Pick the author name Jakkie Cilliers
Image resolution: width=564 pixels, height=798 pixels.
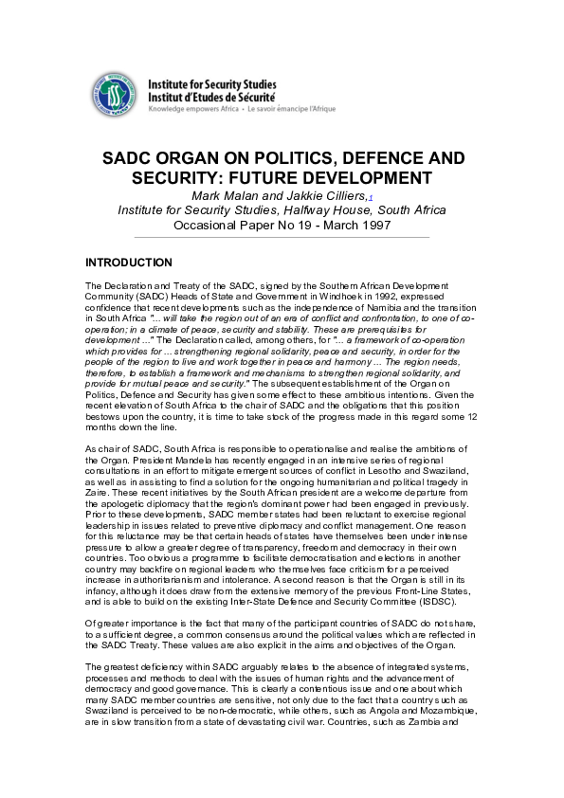pyautogui.click(x=319, y=195)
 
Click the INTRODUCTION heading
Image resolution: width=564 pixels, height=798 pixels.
pyautogui.click(x=129, y=263)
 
